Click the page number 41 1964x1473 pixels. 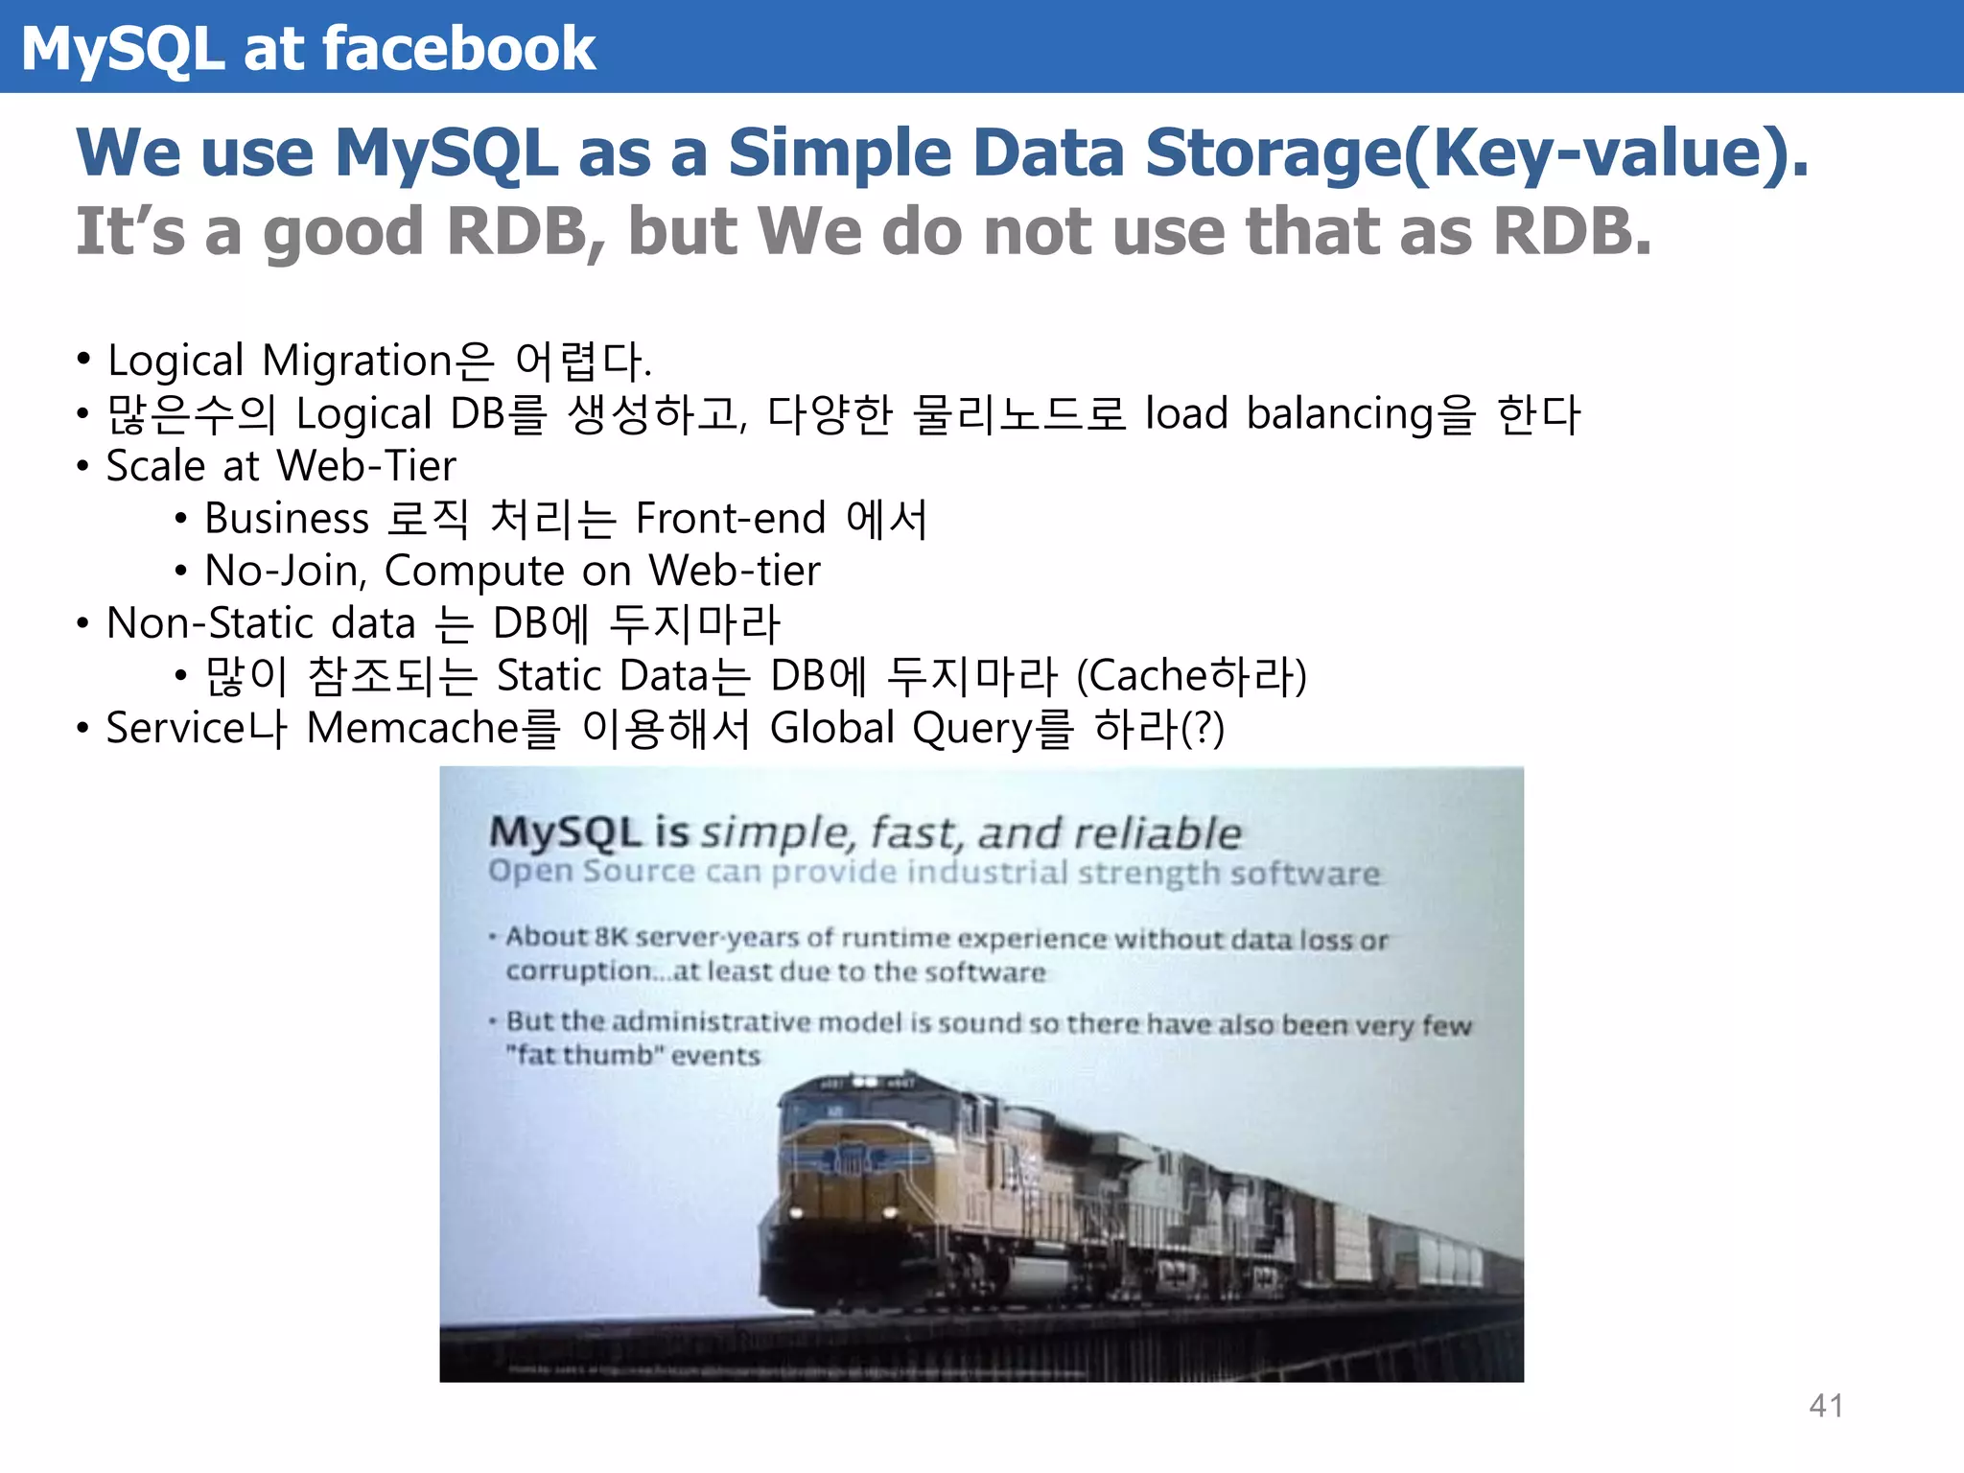coord(1826,1406)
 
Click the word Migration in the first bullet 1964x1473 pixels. coord(356,362)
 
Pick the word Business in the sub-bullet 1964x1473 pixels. coord(287,519)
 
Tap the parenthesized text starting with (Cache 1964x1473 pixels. coord(1191,676)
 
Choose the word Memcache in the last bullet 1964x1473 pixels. coord(412,728)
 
